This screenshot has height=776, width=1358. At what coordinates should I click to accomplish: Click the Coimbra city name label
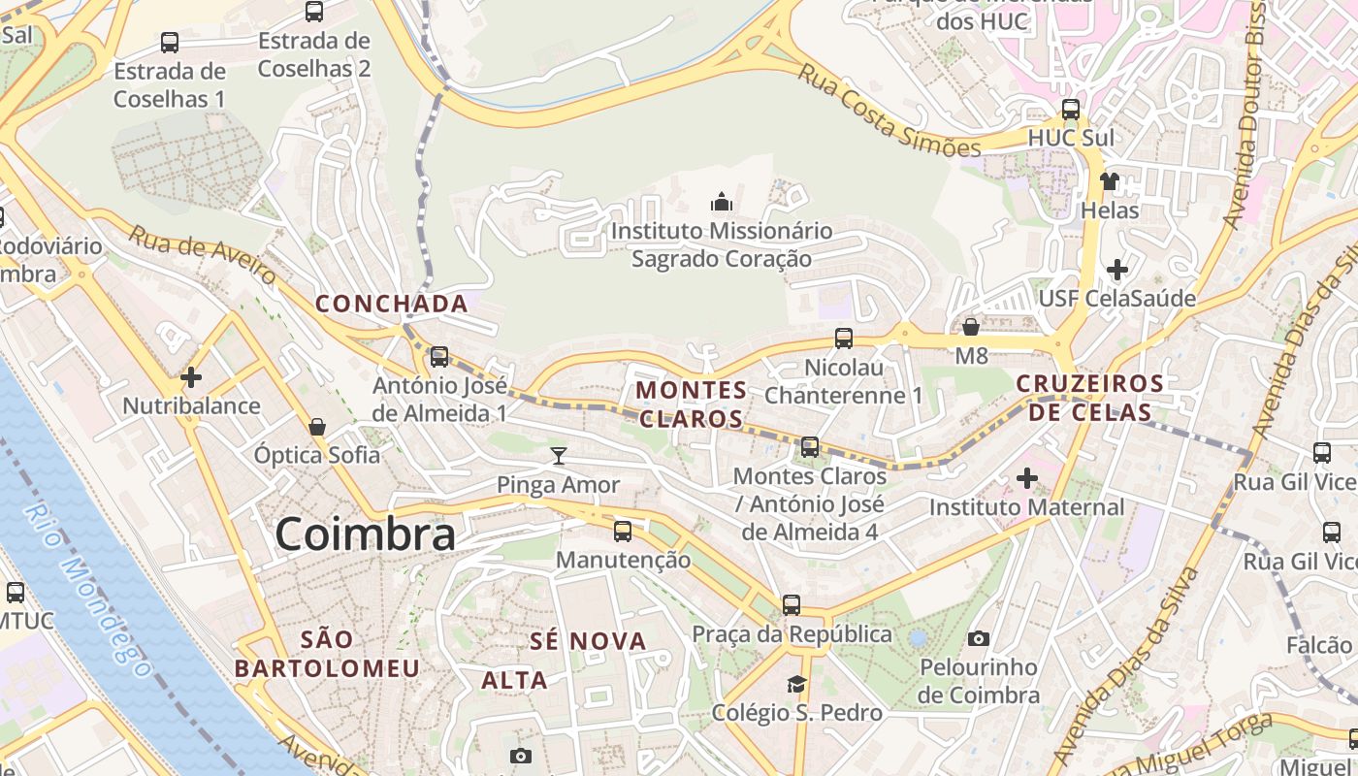click(x=365, y=534)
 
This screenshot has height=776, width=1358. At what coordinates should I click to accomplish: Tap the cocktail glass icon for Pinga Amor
click(x=559, y=455)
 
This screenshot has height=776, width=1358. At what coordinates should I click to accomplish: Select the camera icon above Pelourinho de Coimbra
click(x=979, y=638)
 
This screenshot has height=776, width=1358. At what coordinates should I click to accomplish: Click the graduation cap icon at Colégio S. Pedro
click(x=796, y=684)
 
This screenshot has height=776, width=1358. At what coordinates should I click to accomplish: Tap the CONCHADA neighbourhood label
click(x=392, y=304)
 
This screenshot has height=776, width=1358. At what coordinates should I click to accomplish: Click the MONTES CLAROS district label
click(x=692, y=404)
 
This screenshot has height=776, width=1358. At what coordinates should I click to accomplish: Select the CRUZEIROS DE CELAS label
click(x=1089, y=398)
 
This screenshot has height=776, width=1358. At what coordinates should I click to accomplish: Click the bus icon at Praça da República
click(x=792, y=605)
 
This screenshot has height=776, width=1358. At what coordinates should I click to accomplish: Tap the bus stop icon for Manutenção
click(x=623, y=532)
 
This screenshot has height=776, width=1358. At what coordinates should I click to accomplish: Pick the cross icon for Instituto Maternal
click(x=1026, y=478)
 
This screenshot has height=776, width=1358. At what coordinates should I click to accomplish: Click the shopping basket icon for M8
click(x=971, y=327)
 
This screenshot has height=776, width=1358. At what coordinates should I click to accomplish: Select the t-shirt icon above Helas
click(x=1109, y=180)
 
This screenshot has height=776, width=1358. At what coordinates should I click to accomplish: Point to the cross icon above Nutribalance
click(x=191, y=376)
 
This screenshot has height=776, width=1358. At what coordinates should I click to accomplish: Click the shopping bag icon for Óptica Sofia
click(x=316, y=427)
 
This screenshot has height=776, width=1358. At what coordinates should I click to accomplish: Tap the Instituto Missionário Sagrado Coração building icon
click(x=721, y=202)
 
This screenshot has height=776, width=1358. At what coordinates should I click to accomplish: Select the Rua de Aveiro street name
click(x=203, y=256)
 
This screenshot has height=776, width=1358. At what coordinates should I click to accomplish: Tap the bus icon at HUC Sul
click(x=1071, y=110)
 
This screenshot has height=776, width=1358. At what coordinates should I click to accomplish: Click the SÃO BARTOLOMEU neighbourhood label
click(x=327, y=654)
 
